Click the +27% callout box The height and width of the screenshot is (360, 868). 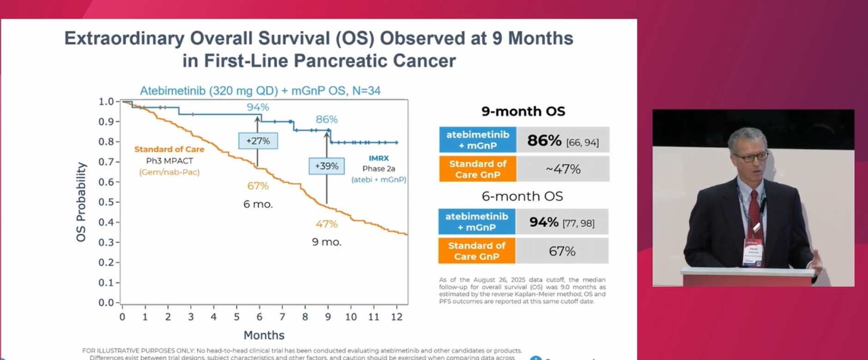click(x=258, y=141)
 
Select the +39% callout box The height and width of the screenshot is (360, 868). click(x=326, y=166)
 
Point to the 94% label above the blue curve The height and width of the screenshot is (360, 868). click(x=258, y=107)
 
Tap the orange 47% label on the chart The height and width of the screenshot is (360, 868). click(x=326, y=224)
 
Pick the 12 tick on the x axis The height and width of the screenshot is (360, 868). click(x=397, y=317)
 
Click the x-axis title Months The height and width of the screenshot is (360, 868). click(x=264, y=335)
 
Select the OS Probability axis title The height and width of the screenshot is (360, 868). click(x=81, y=202)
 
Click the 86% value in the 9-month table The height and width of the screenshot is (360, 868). click(x=544, y=140)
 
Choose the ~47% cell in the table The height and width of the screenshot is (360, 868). click(x=563, y=169)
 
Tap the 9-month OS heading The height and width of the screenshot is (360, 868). click(x=523, y=111)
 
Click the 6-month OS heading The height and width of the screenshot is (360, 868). click(x=522, y=196)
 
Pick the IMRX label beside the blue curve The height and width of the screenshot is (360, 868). click(x=379, y=158)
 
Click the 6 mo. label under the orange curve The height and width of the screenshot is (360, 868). click(x=258, y=204)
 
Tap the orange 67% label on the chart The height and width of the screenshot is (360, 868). click(x=258, y=186)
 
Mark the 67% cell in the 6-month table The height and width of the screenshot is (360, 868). click(x=562, y=251)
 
